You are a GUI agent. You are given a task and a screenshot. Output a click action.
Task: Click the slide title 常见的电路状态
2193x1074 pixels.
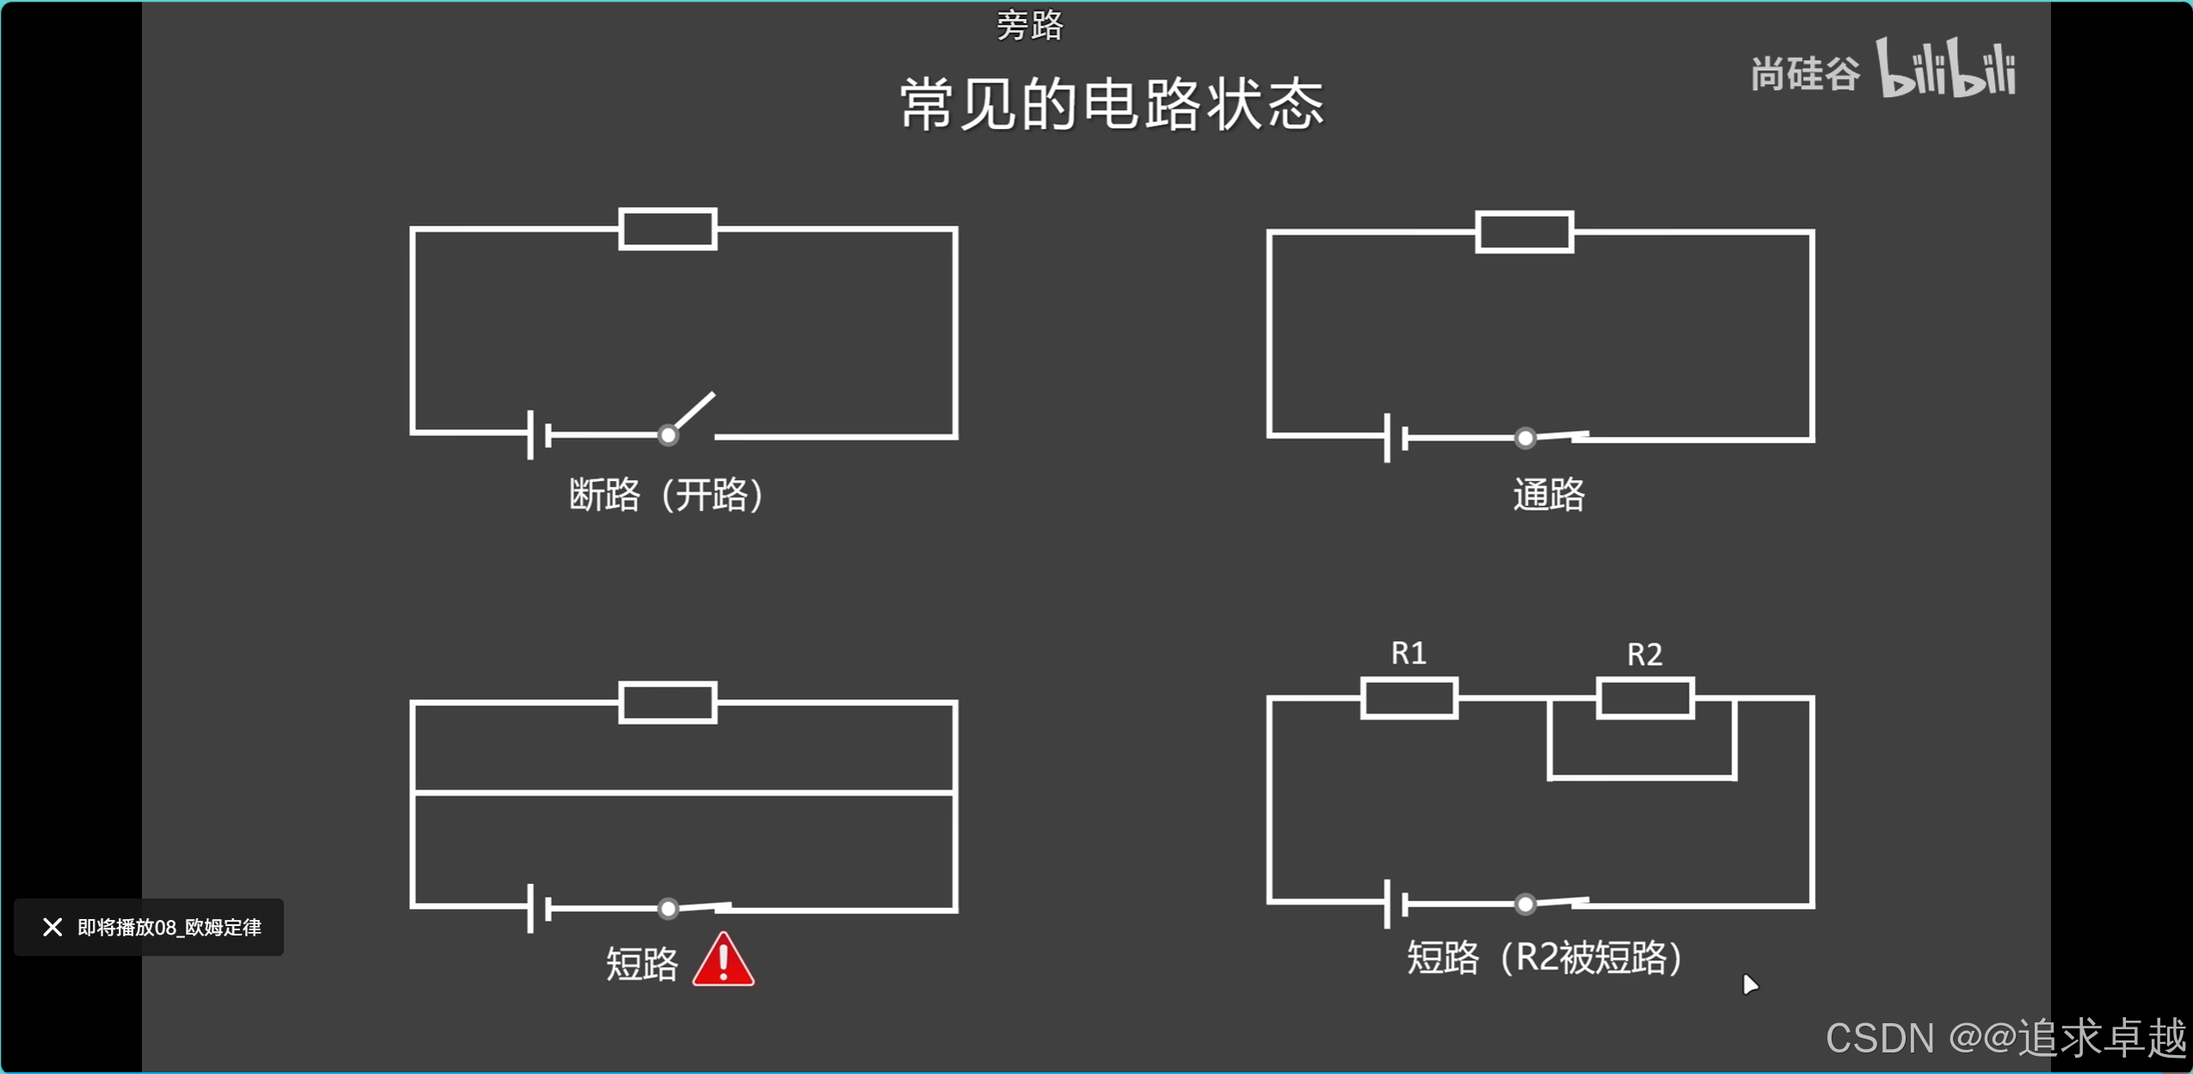tap(1112, 105)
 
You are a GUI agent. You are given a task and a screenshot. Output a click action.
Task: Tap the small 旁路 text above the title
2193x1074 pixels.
tap(1030, 26)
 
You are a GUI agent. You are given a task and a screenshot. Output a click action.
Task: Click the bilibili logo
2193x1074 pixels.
tap(1946, 69)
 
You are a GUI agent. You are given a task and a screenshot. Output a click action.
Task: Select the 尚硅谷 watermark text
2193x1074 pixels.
tap(1805, 74)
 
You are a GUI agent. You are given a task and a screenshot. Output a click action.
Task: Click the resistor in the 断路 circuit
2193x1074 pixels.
tap(668, 229)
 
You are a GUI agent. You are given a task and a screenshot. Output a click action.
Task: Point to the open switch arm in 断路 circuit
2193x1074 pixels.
tap(693, 411)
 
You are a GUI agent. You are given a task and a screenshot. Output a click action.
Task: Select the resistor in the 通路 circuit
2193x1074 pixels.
tap(1525, 231)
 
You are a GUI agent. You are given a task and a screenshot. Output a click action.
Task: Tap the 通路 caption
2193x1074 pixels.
tap(1548, 495)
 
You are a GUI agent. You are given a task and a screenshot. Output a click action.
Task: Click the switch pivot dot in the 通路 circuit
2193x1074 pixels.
tap(1525, 438)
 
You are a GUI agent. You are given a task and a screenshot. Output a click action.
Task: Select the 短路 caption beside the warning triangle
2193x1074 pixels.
tap(642, 964)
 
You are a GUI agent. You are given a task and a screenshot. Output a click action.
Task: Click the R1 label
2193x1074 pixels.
tap(1408, 653)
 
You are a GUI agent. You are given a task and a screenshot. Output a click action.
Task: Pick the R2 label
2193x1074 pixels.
tap(1644, 655)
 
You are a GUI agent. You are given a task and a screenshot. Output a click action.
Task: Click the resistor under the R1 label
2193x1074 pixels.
tap(1408, 698)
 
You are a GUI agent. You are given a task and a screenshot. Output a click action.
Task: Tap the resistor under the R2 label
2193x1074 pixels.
tap(1645, 698)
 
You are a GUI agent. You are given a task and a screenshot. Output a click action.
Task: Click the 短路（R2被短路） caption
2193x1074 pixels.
tap(1544, 958)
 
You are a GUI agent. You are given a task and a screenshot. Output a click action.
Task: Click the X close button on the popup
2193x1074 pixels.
tap(52, 927)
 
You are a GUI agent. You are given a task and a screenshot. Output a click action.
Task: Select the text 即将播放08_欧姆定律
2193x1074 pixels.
tap(169, 927)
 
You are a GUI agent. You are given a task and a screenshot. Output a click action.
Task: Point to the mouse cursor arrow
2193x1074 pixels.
tap(1749, 984)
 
